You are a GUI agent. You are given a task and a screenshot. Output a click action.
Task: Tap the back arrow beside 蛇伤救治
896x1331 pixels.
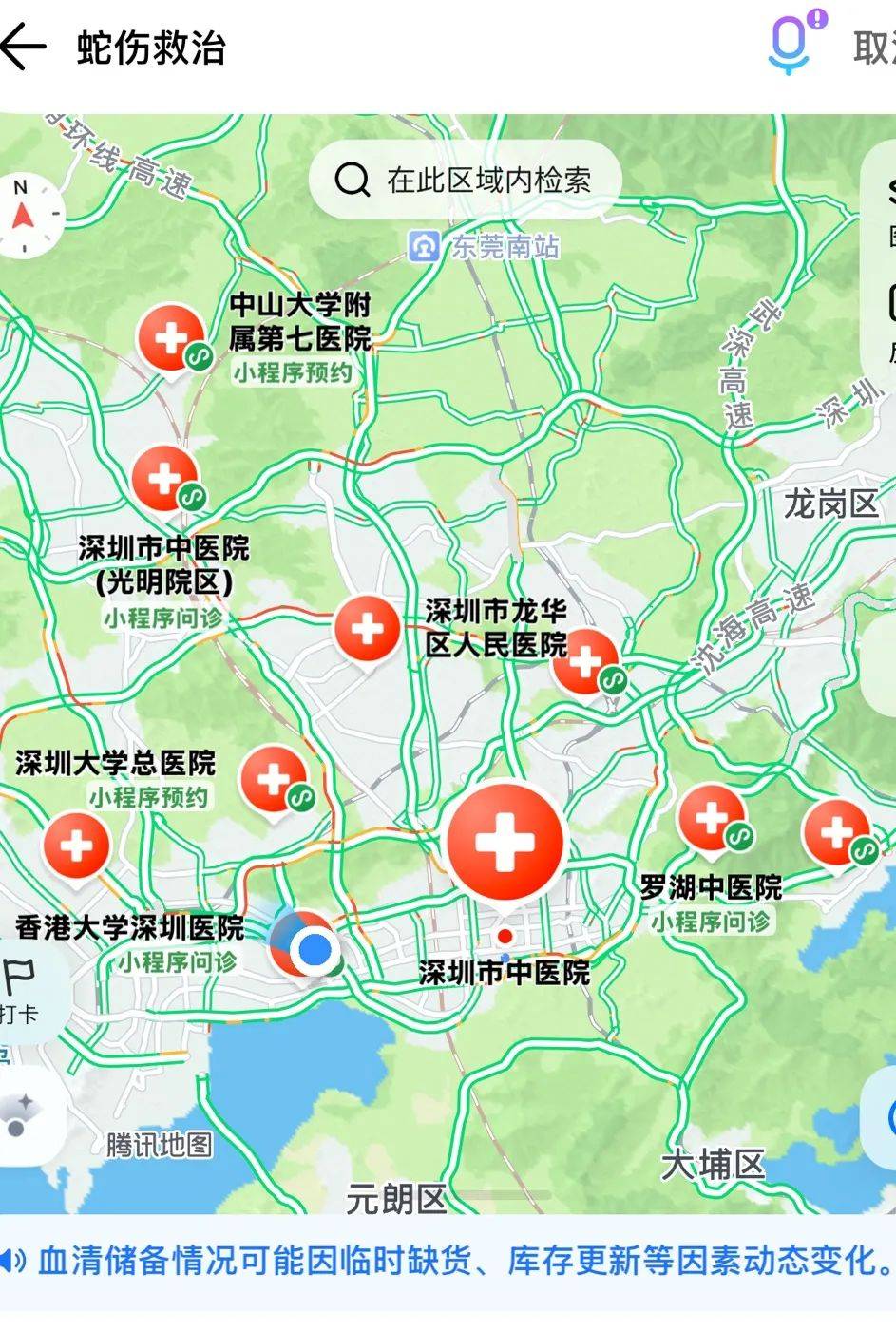(x=23, y=47)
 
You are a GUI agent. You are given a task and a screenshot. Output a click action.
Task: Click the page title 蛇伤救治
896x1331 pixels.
(x=151, y=48)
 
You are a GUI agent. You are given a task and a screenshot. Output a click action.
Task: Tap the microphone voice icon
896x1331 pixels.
(x=791, y=44)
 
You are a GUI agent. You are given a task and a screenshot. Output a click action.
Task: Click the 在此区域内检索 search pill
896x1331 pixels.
(x=466, y=180)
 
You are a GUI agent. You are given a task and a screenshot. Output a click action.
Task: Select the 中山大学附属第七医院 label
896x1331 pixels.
(x=299, y=322)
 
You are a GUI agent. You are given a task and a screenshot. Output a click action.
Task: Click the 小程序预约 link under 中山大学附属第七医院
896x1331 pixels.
(x=293, y=372)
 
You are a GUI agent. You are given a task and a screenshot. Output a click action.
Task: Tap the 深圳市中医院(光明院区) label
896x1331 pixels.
(x=164, y=564)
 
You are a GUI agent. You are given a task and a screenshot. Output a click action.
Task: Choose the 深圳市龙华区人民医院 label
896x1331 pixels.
(x=495, y=628)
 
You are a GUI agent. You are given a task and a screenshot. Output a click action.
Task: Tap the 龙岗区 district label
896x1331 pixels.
(x=830, y=504)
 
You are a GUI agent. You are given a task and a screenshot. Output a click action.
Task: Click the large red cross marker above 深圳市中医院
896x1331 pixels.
(x=505, y=841)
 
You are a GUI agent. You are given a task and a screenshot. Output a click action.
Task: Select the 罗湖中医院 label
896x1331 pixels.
(x=711, y=888)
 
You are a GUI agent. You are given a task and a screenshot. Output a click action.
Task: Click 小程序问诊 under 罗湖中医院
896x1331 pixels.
(x=711, y=922)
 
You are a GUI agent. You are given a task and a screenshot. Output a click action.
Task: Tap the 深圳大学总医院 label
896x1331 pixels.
(x=116, y=763)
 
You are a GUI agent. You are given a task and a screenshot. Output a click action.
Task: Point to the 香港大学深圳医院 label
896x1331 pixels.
(x=130, y=927)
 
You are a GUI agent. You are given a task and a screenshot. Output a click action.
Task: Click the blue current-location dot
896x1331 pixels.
(x=315, y=948)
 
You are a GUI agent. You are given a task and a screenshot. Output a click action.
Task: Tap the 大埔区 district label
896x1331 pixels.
(x=713, y=1164)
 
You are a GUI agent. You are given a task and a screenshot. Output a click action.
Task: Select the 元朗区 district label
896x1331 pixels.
(x=395, y=1199)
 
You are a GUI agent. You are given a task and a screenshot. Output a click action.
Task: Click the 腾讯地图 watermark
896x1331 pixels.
(x=159, y=1145)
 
